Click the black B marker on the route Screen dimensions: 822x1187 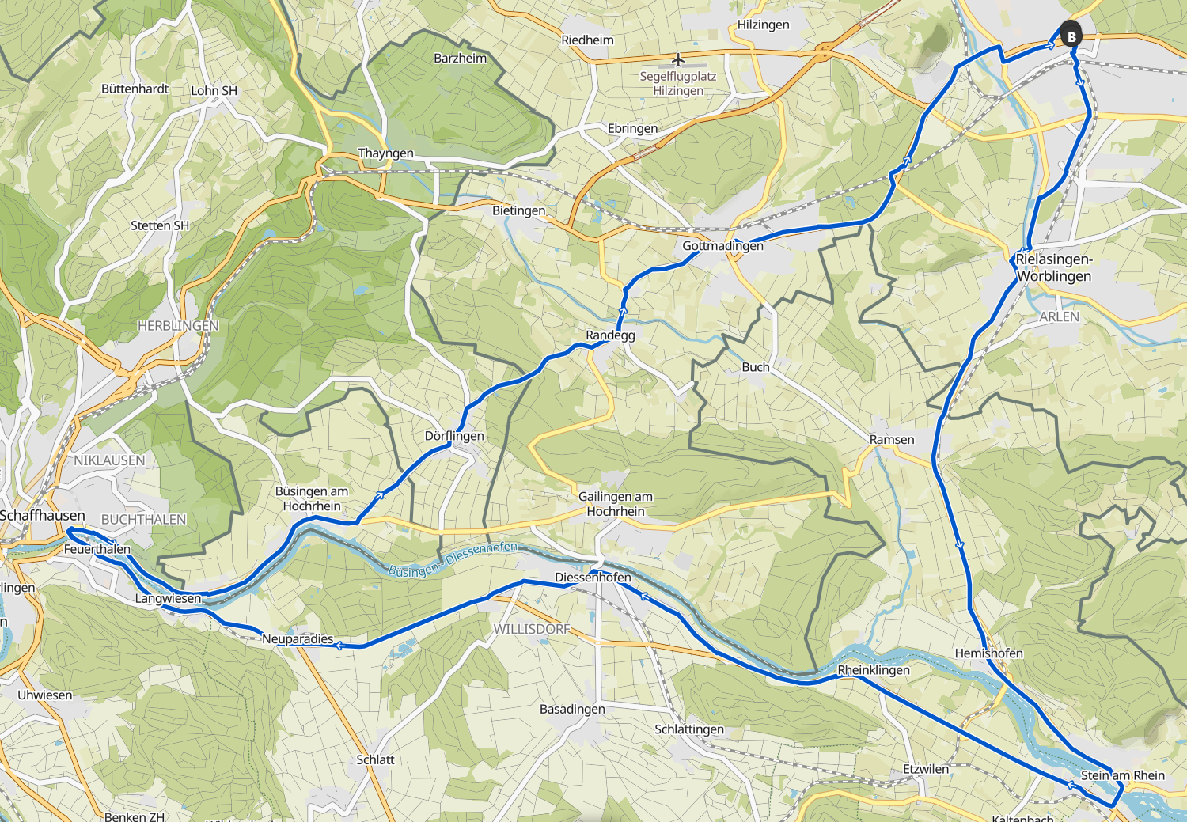pos(1071,36)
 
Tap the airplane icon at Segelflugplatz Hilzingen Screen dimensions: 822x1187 pos(678,60)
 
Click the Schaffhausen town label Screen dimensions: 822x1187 pos(42,516)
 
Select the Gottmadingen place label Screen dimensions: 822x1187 pos(722,246)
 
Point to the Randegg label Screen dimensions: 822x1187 pos(610,335)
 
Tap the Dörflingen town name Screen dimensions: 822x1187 pos(454,436)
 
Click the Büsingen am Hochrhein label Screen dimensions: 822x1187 pos(312,498)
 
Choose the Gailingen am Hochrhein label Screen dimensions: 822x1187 pos(616,504)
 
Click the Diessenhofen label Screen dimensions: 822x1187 pos(593,578)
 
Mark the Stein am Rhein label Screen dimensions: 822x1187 pos(1122,775)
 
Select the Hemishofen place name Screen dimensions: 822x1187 pos(988,653)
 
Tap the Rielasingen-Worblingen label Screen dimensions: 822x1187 pos(1053,267)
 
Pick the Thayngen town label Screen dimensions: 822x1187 pos(385,153)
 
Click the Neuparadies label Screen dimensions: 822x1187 pos(298,639)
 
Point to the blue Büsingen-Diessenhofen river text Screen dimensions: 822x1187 pos(452,559)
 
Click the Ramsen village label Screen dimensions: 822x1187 pos(891,440)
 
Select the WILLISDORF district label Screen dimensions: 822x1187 pos(532,629)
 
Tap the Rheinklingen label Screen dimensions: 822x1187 pos(874,670)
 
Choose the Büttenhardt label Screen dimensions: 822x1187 pos(135,89)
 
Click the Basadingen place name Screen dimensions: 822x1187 pos(572,710)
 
